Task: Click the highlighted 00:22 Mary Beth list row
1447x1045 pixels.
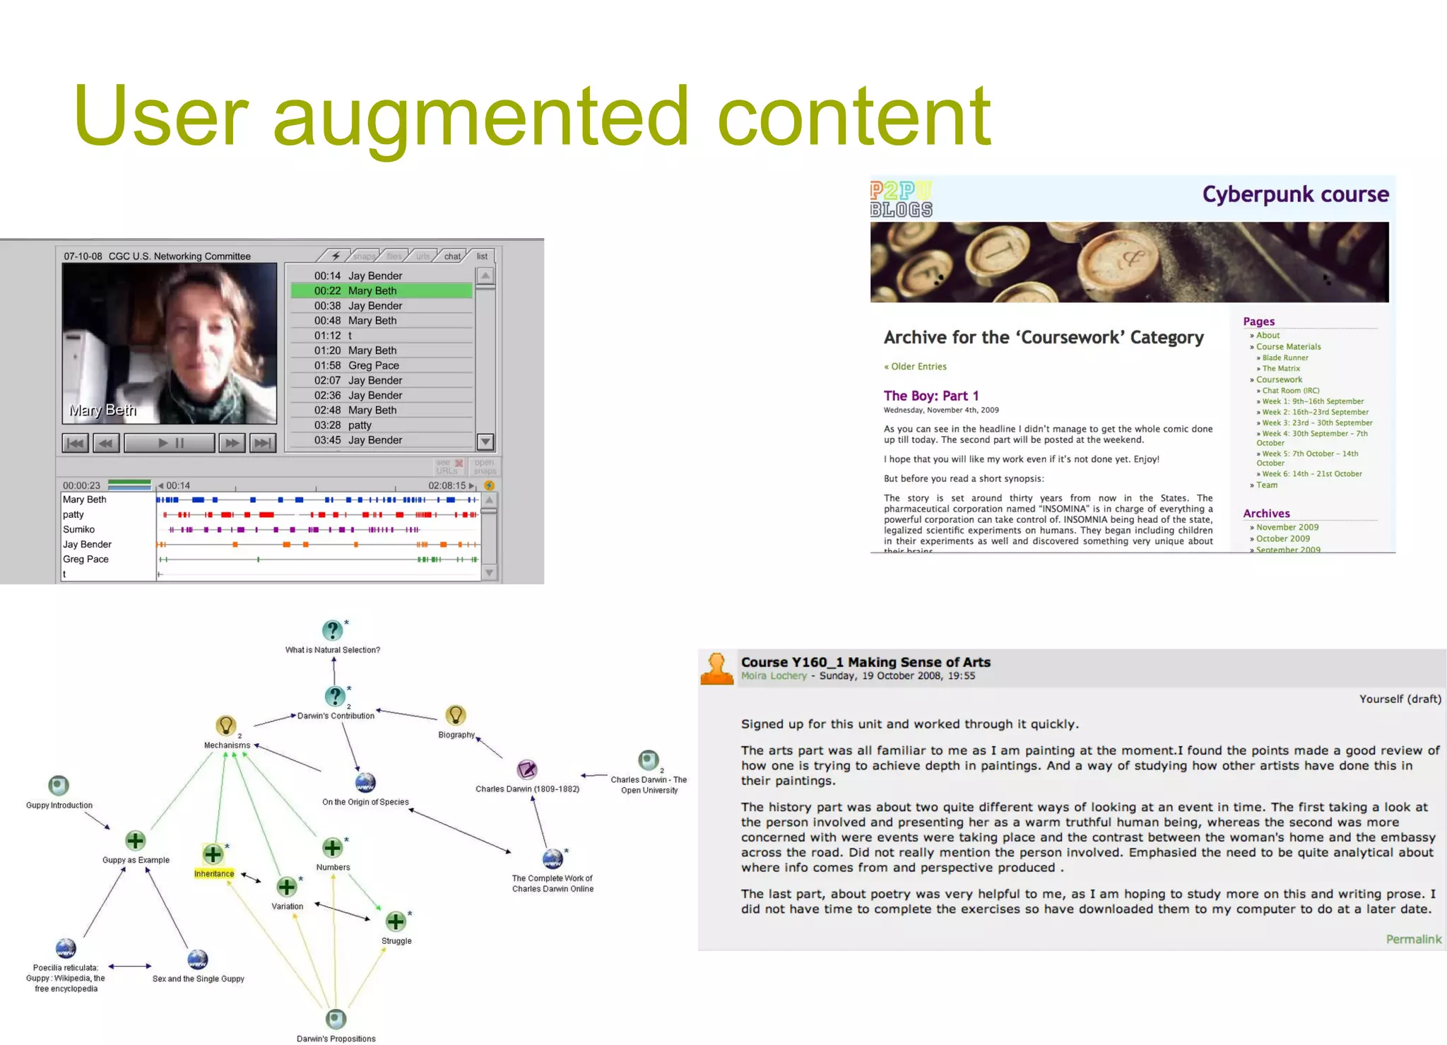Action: point(381,290)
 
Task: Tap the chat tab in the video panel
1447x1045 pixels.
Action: point(452,256)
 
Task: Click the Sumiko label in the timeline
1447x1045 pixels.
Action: point(79,529)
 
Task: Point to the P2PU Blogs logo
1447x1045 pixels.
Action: point(901,199)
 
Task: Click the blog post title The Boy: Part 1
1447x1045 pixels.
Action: point(931,396)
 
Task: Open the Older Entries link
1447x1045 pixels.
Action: point(916,367)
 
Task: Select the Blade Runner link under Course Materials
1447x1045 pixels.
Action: point(1285,358)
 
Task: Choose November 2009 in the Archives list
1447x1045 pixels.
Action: point(1287,527)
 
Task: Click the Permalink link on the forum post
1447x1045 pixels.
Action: point(1413,939)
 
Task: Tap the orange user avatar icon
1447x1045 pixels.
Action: point(717,668)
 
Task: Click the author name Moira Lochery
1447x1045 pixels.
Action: point(774,676)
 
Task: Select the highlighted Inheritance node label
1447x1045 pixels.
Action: point(214,874)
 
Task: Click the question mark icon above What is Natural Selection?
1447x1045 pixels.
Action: point(332,630)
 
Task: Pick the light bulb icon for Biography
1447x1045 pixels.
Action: point(456,715)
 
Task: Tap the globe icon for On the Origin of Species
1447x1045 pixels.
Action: point(365,782)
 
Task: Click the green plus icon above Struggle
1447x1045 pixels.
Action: point(396,921)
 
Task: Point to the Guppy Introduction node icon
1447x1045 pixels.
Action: point(59,785)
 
